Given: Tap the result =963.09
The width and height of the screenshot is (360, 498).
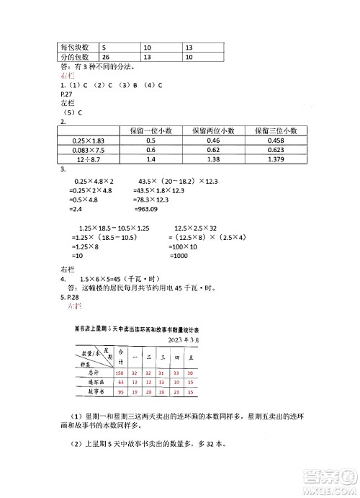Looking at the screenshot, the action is click(x=151, y=210).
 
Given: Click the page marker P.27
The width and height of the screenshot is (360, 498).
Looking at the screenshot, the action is click(x=67, y=94).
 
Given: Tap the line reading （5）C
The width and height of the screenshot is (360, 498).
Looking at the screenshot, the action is click(x=73, y=112).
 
